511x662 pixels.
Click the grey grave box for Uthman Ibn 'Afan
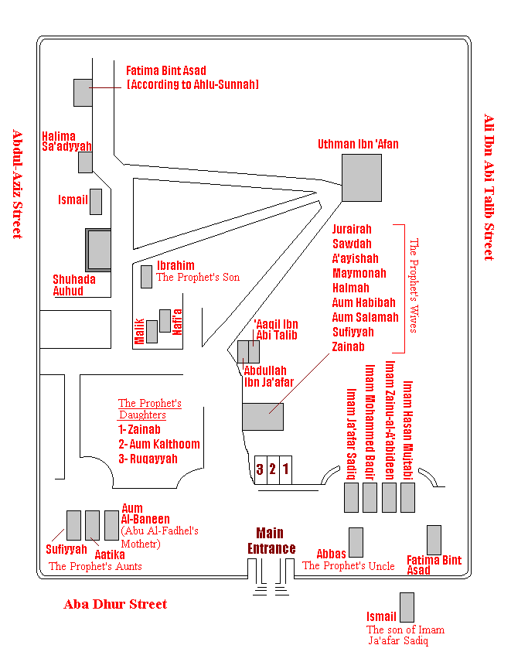click(362, 178)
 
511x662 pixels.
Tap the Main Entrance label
click(271, 541)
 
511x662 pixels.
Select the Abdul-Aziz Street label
click(17, 184)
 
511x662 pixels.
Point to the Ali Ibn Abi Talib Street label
click(489, 187)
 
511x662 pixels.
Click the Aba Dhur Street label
click(115, 604)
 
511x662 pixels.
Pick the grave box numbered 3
click(261, 470)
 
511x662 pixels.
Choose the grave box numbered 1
click(286, 470)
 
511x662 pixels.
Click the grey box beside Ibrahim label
click(146, 277)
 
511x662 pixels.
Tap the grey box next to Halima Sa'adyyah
click(85, 162)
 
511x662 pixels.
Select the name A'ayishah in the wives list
click(356, 258)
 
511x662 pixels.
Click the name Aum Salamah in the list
click(365, 317)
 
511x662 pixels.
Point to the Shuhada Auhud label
click(74, 285)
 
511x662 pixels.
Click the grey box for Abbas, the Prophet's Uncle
click(356, 543)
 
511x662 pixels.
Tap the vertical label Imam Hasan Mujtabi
click(407, 431)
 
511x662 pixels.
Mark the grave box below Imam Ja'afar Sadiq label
click(352, 498)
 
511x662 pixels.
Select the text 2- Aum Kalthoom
click(159, 444)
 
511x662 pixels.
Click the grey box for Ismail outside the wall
click(407, 608)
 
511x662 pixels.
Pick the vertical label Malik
click(139, 332)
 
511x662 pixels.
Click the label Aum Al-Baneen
click(145, 514)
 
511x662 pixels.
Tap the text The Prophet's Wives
click(414, 286)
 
